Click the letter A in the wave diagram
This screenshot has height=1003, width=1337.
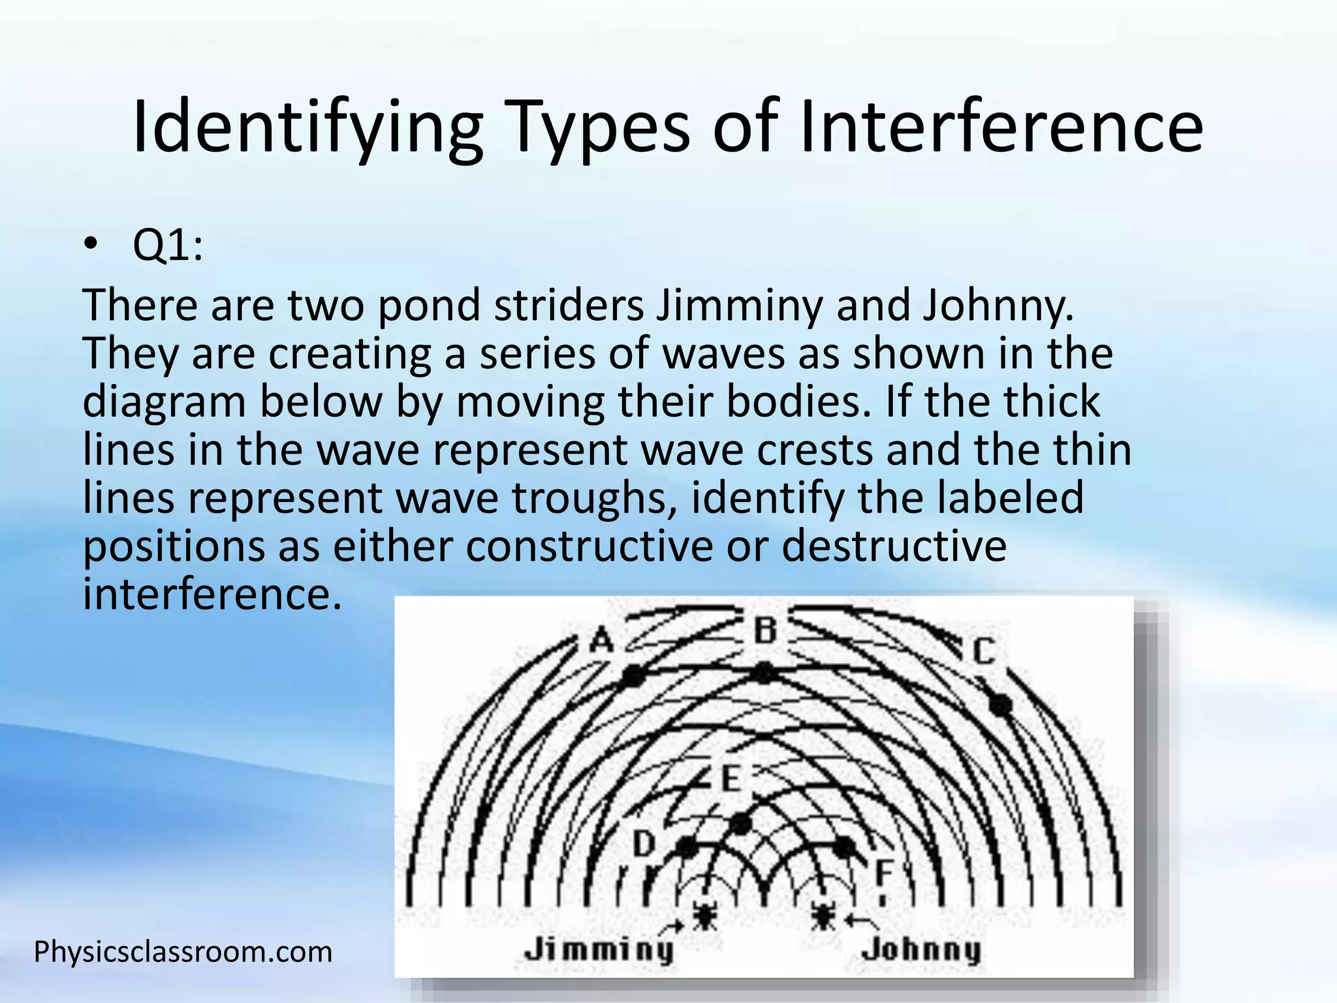[x=602, y=641]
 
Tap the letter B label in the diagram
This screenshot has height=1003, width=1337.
[x=766, y=631]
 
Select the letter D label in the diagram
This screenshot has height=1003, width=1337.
[x=644, y=844]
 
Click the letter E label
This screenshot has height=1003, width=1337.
[x=731, y=780]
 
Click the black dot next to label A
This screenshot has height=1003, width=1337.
[x=632, y=677]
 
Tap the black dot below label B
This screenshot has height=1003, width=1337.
[x=764, y=673]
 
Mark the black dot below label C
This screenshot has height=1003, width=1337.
[x=1000, y=705]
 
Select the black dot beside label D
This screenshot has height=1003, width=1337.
[x=686, y=848]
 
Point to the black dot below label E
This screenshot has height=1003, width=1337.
[x=740, y=823]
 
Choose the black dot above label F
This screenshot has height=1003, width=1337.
[x=845, y=847]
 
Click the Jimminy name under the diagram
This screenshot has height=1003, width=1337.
[x=599, y=949]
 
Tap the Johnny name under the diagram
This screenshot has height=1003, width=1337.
[x=921, y=950]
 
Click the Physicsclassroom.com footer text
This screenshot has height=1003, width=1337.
[x=183, y=952]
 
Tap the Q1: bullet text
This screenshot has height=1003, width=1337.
[x=168, y=246]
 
